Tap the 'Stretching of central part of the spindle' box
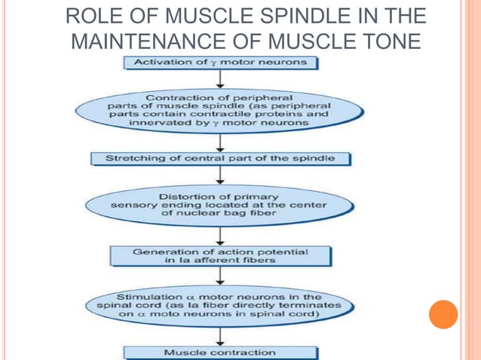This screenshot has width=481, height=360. [219, 159]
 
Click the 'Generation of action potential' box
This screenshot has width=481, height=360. [219, 256]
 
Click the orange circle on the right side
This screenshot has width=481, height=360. [443, 314]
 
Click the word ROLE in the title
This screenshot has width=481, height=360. [90, 16]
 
